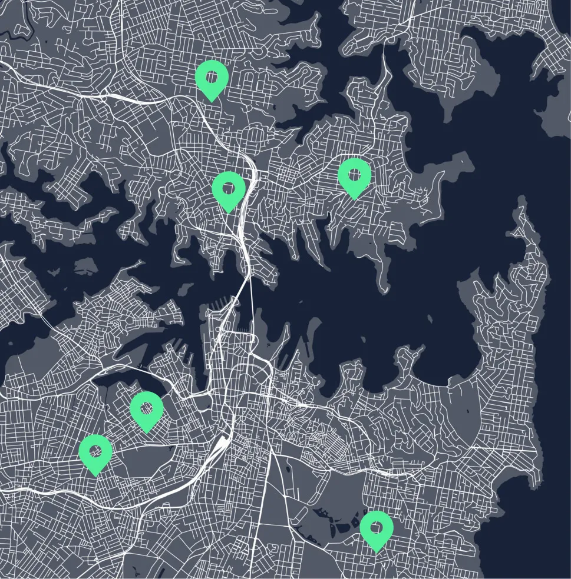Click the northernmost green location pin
point(212,78)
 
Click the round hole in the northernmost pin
point(212,75)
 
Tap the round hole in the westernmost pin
point(95,450)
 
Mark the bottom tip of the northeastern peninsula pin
point(354,199)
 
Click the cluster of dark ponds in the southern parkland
point(336,518)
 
